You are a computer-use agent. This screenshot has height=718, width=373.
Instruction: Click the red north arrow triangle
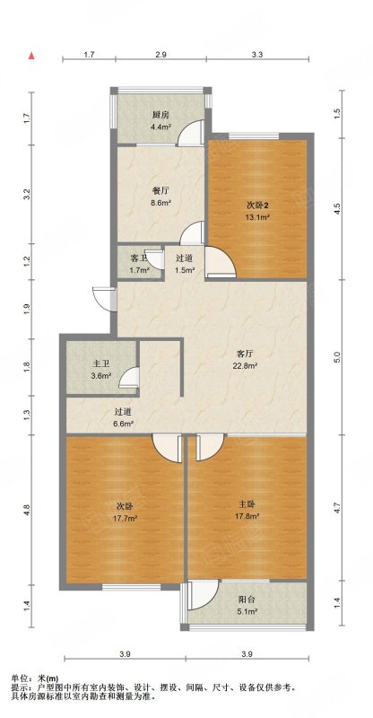click(31, 56)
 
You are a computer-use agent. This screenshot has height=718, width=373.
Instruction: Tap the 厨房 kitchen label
click(160, 115)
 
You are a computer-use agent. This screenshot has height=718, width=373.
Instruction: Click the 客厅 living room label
click(245, 354)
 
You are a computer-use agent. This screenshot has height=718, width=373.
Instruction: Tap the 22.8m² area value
click(246, 365)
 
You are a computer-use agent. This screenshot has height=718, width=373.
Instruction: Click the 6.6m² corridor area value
click(124, 424)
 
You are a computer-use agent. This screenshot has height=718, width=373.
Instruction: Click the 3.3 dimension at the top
click(257, 55)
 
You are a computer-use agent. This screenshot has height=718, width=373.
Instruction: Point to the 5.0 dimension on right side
click(337, 356)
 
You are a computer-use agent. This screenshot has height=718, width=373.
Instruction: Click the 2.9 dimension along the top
click(160, 55)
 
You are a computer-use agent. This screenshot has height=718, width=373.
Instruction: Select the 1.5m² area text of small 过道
click(186, 270)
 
